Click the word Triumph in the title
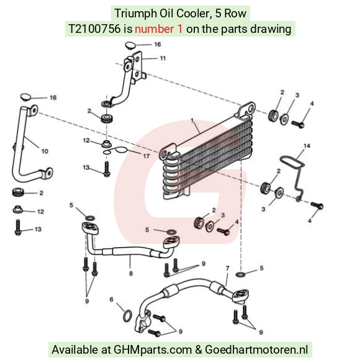click(136, 14)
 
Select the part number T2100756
click(95, 29)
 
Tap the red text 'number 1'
click(158, 29)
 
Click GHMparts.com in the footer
click(153, 349)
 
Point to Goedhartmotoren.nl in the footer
click(256, 349)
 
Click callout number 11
click(163, 58)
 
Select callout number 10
click(45, 151)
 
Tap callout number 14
click(307, 146)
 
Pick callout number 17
click(146, 156)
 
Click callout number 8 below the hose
click(131, 274)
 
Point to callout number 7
click(228, 268)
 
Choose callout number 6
click(111, 300)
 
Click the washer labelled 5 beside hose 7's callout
click(241, 274)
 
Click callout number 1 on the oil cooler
click(192, 120)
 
